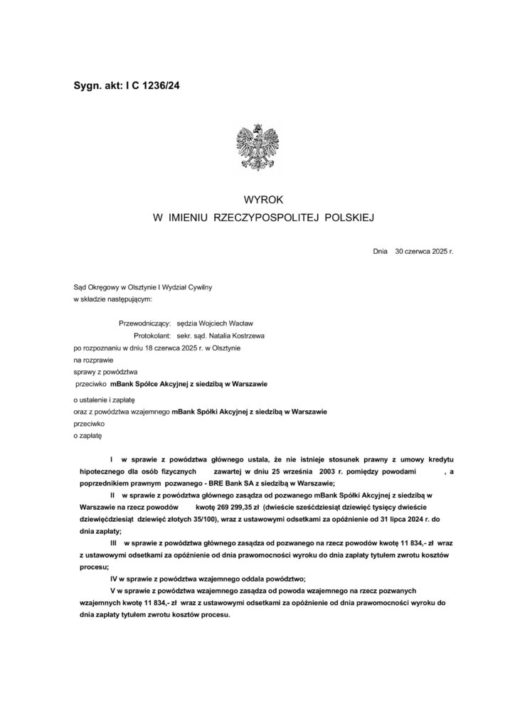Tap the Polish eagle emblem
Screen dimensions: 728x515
pyautogui.click(x=257, y=145)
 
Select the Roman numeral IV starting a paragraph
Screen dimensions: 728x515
pyautogui.click(x=114, y=579)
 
